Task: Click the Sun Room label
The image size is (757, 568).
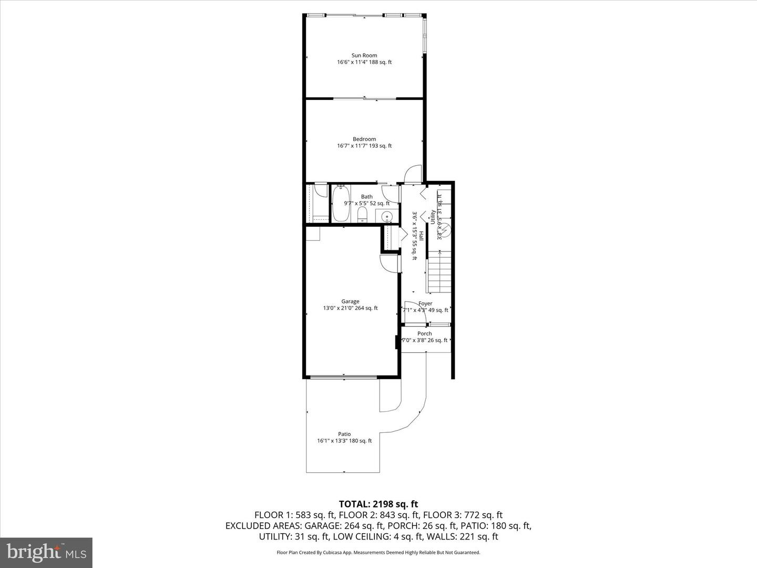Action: (364, 55)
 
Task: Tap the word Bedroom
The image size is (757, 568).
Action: (364, 139)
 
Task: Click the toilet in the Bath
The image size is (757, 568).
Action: (362, 215)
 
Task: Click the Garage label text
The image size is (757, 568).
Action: (350, 301)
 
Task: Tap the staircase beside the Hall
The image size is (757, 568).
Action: (439, 272)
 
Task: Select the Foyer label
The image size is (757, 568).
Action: (425, 303)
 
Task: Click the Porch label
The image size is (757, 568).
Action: (425, 333)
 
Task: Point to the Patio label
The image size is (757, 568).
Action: (344, 434)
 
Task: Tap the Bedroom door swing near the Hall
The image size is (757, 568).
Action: (413, 174)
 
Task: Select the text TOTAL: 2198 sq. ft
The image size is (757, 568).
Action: (378, 504)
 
